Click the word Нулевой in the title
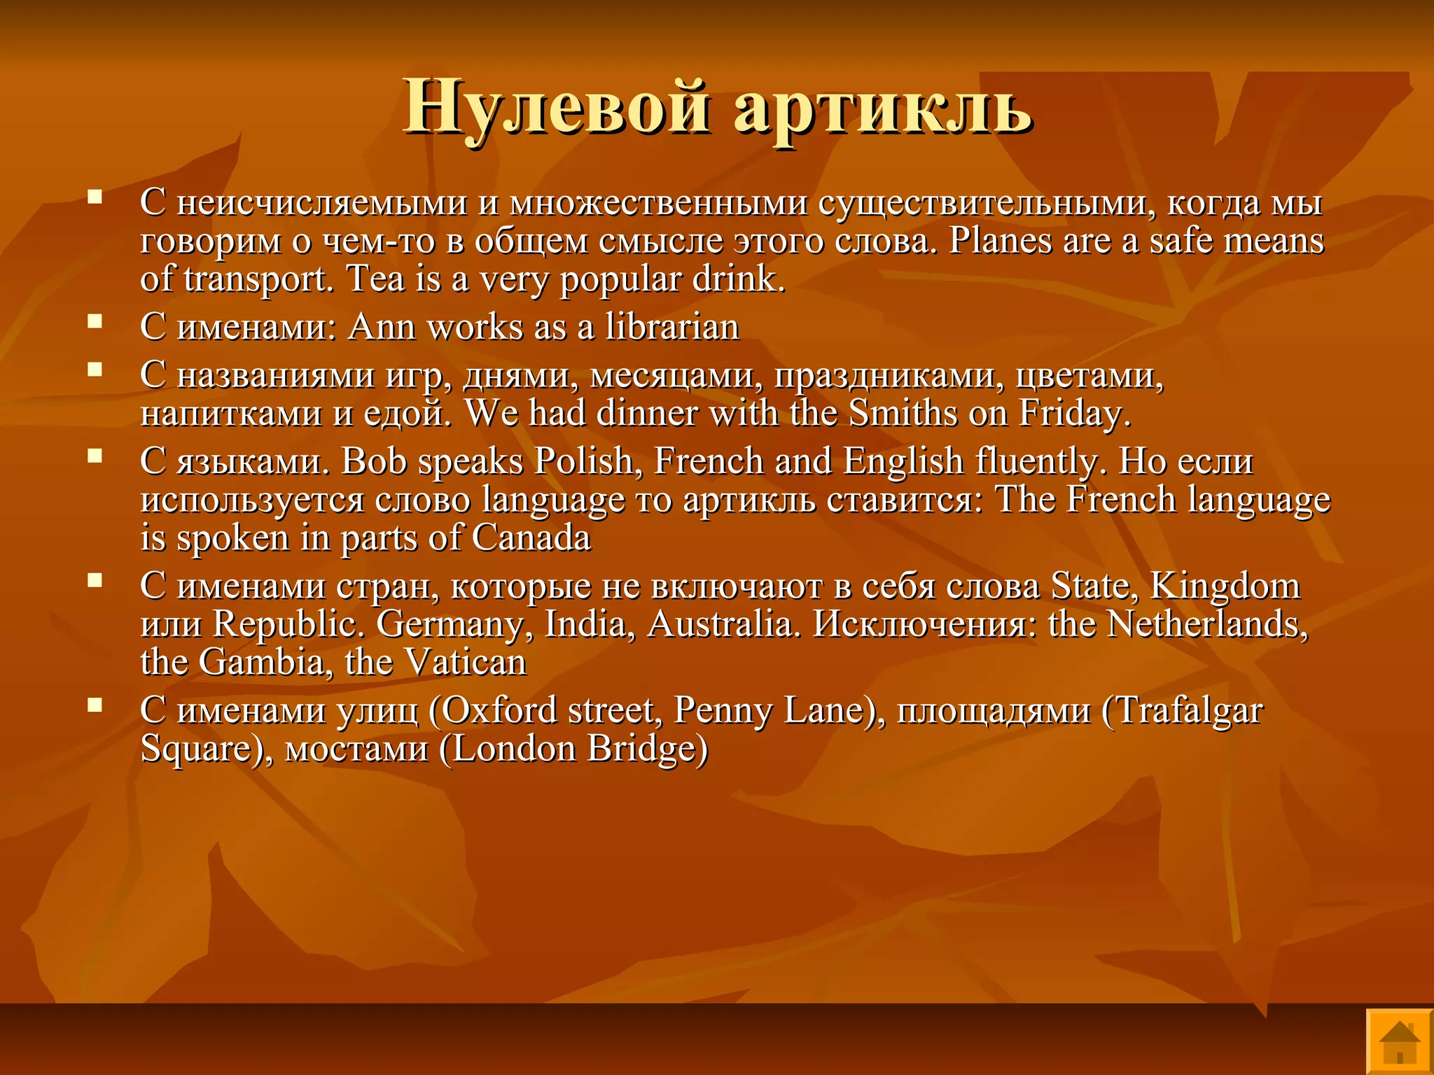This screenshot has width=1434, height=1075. [x=557, y=106]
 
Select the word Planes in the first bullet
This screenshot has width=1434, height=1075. [x=1001, y=240]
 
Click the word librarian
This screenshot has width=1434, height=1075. [x=672, y=327]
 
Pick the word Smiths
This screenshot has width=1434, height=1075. [x=903, y=412]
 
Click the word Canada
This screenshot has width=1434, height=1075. [x=531, y=537]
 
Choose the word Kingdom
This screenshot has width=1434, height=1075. [x=1225, y=585]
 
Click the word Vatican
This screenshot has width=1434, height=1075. [x=465, y=661]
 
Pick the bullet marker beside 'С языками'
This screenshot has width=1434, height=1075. [x=95, y=456]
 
